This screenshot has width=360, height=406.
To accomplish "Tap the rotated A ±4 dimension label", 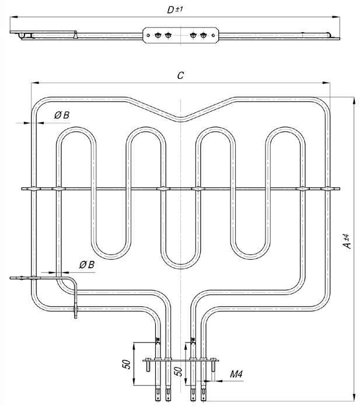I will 347,242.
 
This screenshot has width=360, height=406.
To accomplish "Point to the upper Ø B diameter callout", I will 61,116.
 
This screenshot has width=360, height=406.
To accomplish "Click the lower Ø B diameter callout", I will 87,265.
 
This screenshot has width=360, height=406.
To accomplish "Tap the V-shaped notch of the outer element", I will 180,119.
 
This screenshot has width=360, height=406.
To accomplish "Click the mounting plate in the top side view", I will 180,35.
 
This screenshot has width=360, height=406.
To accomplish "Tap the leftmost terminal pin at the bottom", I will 158,397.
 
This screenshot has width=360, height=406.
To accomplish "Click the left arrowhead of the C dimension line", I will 33,83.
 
